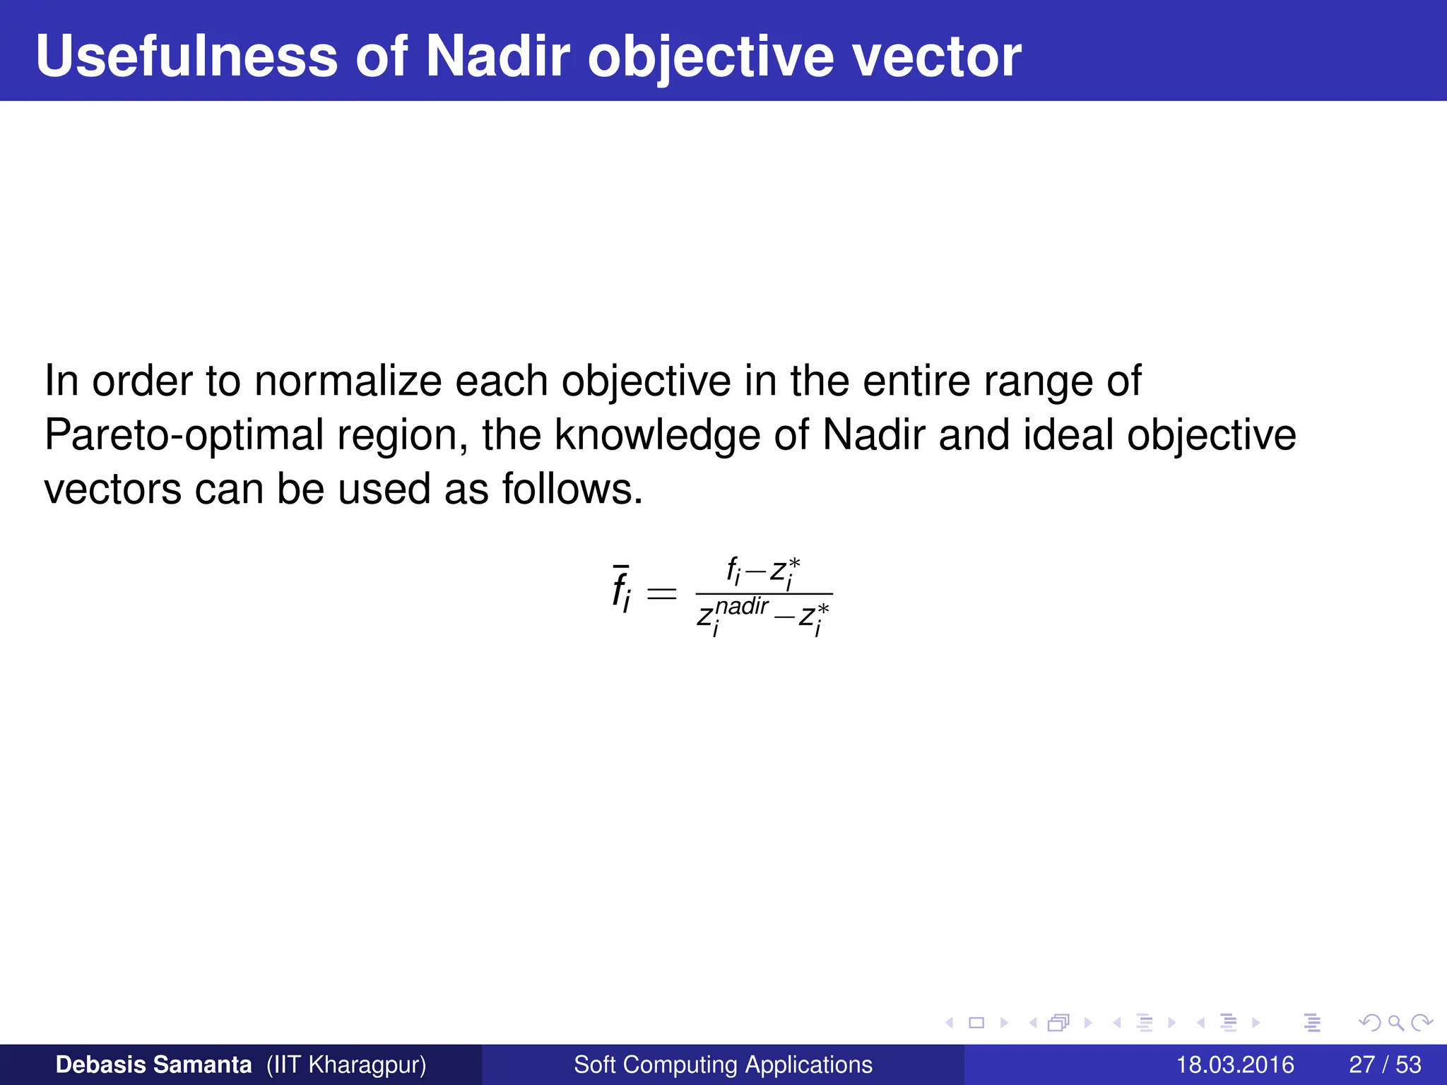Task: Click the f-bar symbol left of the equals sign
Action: (621, 591)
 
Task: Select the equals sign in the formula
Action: (662, 593)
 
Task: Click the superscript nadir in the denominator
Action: (742, 606)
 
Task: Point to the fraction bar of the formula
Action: (764, 594)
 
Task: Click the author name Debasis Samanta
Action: (153, 1065)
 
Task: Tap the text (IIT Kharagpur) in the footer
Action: (346, 1065)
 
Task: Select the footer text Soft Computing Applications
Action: (723, 1065)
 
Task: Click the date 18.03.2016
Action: (1234, 1065)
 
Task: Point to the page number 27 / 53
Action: (1385, 1065)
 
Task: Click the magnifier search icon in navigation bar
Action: (1395, 1022)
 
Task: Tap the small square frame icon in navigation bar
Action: (976, 1022)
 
